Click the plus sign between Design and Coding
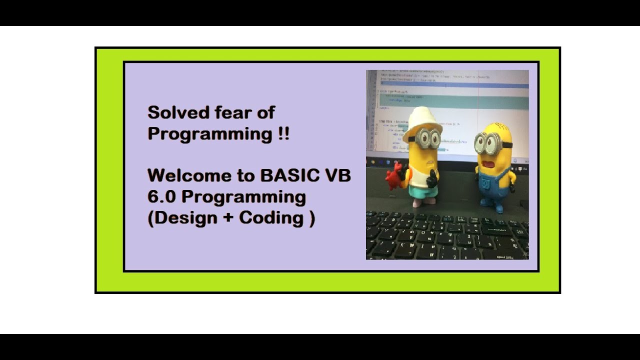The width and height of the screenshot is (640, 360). (x=228, y=218)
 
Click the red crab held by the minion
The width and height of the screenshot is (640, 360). (x=394, y=175)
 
